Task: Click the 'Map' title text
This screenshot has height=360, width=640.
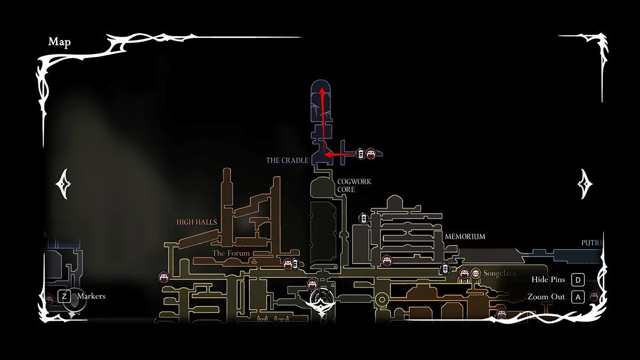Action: coord(59,42)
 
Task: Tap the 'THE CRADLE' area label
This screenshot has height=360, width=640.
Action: coord(287,160)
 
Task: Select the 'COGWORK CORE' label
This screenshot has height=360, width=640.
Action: coord(354,186)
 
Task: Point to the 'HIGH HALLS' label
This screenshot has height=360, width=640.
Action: coord(197,222)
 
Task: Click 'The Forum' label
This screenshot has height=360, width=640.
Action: coord(230,253)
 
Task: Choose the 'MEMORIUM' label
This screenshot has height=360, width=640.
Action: coord(465,236)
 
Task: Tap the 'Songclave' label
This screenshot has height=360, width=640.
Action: coord(500,274)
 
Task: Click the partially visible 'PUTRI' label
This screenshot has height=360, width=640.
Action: coord(591,243)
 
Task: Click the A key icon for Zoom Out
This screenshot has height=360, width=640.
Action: coord(578,297)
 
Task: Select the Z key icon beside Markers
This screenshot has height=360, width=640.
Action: coord(65,296)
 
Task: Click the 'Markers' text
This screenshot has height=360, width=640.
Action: coord(91,296)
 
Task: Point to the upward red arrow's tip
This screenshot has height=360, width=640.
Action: coord(322,91)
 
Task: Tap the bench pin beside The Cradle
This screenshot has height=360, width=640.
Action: coord(371,154)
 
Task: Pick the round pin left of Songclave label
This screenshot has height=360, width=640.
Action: coord(475,274)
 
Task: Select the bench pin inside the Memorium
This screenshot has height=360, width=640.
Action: coord(387,260)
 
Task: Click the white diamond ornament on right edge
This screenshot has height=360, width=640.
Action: coord(585,184)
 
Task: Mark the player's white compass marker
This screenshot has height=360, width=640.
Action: coord(322,302)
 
